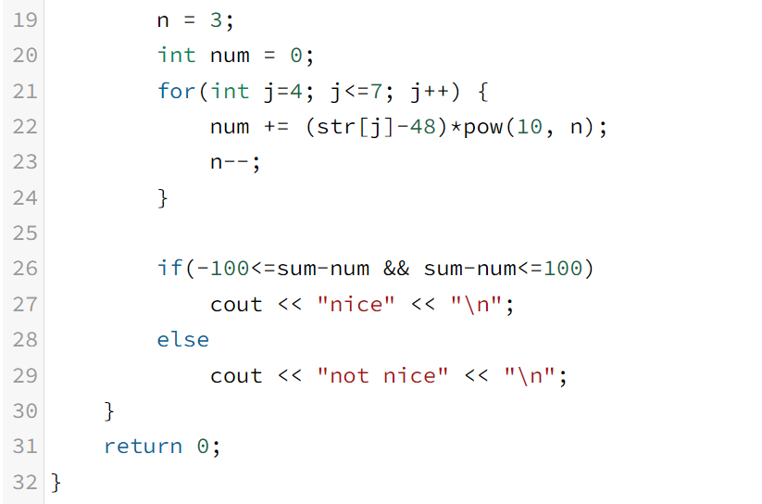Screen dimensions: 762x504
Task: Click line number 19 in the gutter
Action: coord(25,19)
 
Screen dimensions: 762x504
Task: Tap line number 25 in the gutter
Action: coord(25,233)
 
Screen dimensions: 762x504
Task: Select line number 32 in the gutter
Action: coord(25,482)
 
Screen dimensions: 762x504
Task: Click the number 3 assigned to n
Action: coord(216,19)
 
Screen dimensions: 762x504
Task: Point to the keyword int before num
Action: coord(176,55)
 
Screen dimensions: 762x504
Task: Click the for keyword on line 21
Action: coord(176,91)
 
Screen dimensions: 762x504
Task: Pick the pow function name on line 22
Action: coord(481,126)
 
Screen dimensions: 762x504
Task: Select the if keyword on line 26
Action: coord(169,269)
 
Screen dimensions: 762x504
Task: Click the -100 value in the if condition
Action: coord(223,269)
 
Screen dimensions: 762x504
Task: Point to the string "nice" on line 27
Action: coord(356,304)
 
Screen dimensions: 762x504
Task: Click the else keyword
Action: coord(183,339)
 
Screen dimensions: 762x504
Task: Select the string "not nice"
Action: coord(382,375)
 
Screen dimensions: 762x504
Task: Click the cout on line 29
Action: coord(236,375)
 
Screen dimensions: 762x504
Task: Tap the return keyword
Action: coord(144,447)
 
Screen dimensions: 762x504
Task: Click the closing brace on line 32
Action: coord(56,482)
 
